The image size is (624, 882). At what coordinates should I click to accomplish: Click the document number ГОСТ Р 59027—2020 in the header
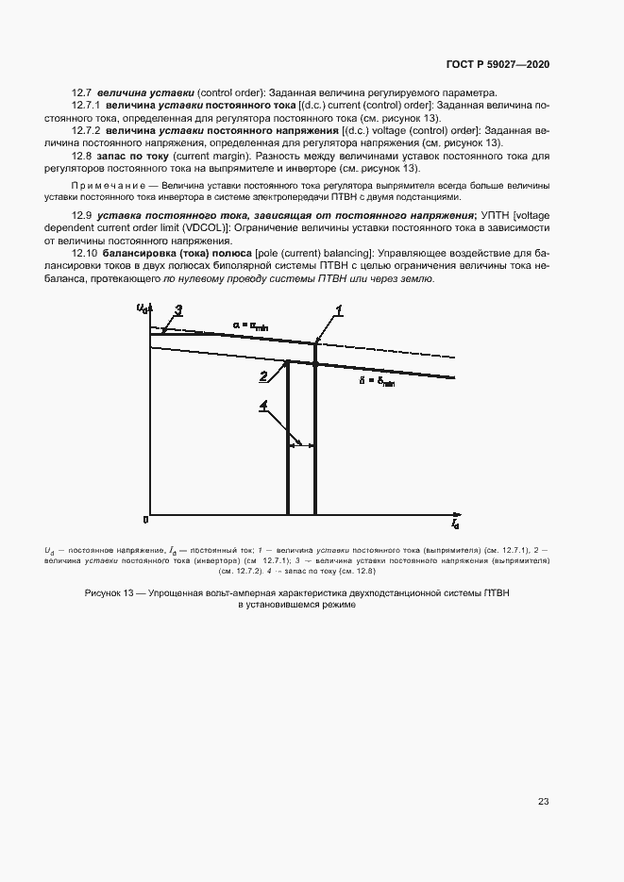pos(497,63)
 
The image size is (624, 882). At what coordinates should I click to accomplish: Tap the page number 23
pos(543,802)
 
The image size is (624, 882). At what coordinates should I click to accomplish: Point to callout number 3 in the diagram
pos(177,309)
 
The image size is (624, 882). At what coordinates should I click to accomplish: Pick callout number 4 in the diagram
pos(265,407)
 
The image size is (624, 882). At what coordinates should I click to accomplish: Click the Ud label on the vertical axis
pos(142,308)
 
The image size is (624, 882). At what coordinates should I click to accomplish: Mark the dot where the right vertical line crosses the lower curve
pos(314,364)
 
